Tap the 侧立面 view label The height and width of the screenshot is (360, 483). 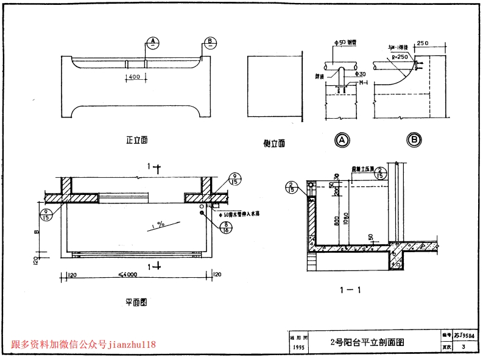click(x=274, y=144)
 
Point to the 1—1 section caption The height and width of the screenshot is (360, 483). click(x=352, y=290)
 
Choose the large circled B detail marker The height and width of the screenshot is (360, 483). click(x=415, y=141)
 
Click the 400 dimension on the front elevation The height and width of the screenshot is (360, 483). click(x=134, y=77)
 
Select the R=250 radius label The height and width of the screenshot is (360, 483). click(x=400, y=56)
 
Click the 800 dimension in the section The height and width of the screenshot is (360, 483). click(x=336, y=222)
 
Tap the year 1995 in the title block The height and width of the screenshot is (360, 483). click(x=299, y=347)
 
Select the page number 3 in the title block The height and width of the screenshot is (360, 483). click(x=464, y=347)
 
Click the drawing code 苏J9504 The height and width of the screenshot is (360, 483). click(x=464, y=336)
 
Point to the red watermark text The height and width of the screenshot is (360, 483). click(x=83, y=345)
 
